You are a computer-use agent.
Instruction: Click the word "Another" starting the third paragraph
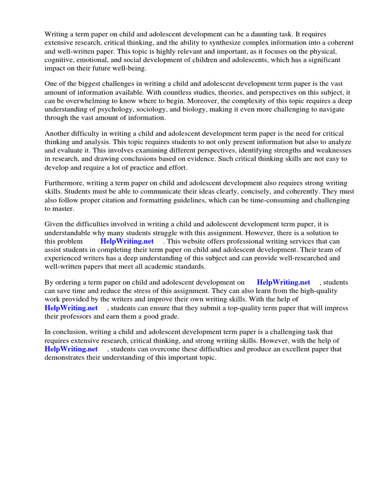click(58, 134)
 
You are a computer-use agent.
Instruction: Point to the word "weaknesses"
click(330, 151)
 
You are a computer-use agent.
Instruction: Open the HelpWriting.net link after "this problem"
click(127, 241)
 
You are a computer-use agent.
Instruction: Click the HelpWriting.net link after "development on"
click(283, 282)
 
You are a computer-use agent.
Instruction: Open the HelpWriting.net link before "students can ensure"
click(71, 308)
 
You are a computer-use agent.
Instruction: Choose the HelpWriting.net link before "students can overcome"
click(71, 349)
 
